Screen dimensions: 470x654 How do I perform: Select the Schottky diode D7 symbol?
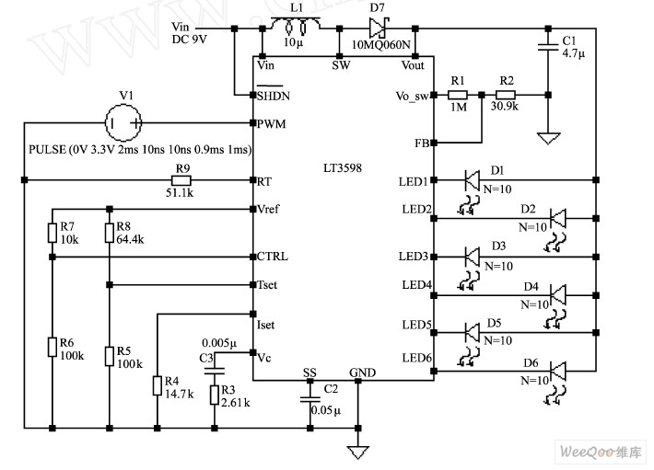[x=377, y=29]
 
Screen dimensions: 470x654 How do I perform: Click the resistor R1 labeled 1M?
[x=458, y=94]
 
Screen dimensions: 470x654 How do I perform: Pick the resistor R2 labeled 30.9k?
[x=505, y=94]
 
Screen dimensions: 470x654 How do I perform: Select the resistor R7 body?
[x=53, y=231]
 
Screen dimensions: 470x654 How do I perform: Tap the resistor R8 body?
[x=109, y=231]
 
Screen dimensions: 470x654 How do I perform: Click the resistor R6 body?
[x=53, y=347]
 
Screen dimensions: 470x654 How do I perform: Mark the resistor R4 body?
[x=158, y=384]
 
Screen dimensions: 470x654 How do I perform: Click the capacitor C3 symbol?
[x=215, y=372]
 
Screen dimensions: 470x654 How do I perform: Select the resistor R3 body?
[x=215, y=395]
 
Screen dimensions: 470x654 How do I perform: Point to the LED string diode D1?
[x=473, y=179]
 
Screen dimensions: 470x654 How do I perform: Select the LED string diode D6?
[x=557, y=371]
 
